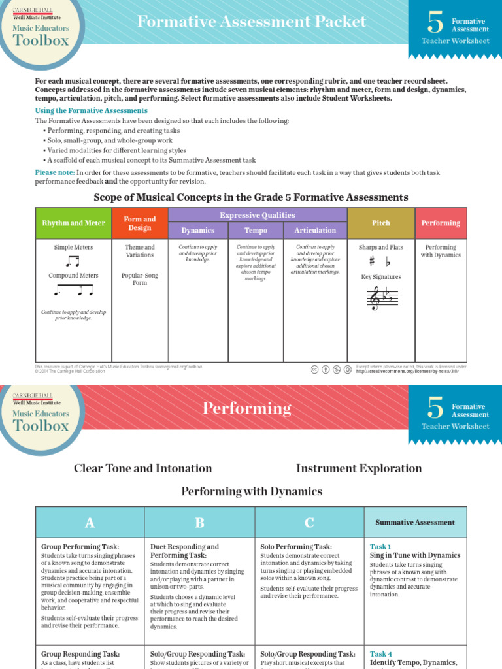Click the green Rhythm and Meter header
coord(73,223)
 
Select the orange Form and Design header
coord(140,223)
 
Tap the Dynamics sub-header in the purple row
coord(198,231)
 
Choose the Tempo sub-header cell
coord(256,231)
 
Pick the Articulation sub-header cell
coord(315,231)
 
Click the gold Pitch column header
coord(381,223)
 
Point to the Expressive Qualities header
coord(258,215)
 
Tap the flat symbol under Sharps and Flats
coord(388,262)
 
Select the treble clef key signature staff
coord(381,298)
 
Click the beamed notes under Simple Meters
coord(72,261)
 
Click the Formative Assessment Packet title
coord(252,22)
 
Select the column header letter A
coord(90,523)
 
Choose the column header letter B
coord(199,523)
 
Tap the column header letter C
coord(309,523)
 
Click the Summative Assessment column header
coord(415,523)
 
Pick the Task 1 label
coord(381,547)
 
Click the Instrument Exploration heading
coord(359,468)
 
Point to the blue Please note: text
coord(54,172)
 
